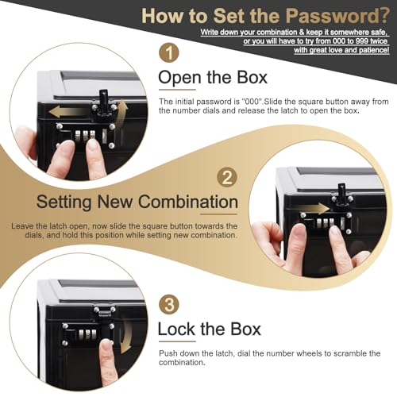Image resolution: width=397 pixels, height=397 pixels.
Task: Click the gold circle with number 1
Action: click(x=169, y=53)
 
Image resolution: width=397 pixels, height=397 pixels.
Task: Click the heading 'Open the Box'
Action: click(x=214, y=78)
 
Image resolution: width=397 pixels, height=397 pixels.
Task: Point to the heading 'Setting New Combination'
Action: click(x=125, y=201)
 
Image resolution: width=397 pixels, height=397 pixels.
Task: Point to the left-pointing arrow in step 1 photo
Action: click(x=64, y=112)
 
